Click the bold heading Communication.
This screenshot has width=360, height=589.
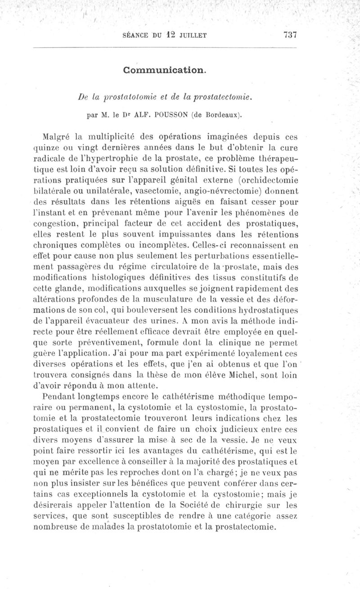165,70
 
